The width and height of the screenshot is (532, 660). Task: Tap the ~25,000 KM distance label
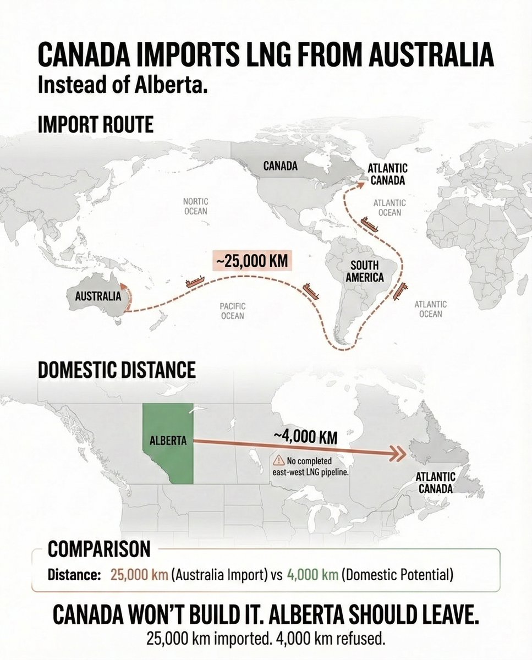click(x=251, y=261)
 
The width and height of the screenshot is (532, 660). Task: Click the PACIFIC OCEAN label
click(x=233, y=310)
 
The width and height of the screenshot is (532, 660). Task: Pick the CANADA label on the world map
click(x=281, y=166)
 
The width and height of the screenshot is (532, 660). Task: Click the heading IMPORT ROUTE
click(x=95, y=124)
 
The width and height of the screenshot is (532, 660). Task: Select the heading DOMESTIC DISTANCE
click(x=117, y=369)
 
